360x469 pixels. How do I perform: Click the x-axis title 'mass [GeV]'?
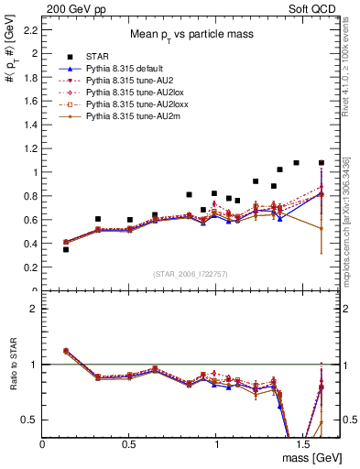point(312,455)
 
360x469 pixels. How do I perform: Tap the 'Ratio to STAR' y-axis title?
point(13,365)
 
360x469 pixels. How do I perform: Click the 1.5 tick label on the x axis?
point(303,443)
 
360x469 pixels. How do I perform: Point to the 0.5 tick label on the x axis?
point(129,443)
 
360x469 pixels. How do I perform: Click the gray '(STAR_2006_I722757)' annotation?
point(191,275)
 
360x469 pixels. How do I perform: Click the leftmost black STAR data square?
point(66,249)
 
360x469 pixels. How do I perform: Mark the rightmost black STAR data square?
point(322,163)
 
